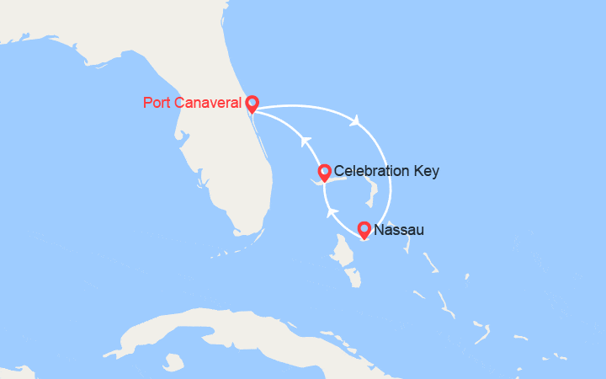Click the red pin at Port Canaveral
(252, 104)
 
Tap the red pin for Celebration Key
(324, 173)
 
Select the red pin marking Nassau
(364, 228)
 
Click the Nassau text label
(398, 229)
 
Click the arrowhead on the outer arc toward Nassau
(357, 120)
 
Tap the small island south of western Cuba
(174, 363)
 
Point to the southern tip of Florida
(244, 229)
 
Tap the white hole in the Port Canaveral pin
(252, 102)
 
